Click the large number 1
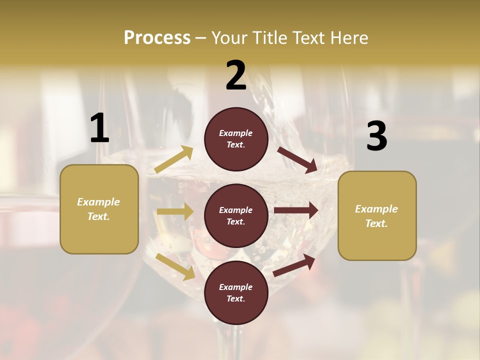(99, 128)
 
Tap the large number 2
(236, 75)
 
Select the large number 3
(376, 136)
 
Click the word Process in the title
(157, 37)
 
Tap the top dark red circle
(236, 139)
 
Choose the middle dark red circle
(236, 216)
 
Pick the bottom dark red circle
(236, 293)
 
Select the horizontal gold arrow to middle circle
(175, 211)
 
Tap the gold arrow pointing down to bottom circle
(175, 266)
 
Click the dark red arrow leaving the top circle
(297, 159)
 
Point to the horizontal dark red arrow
(296, 210)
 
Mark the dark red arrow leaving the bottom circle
(294, 265)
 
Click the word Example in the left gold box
(98, 202)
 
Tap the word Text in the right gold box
(376, 223)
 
